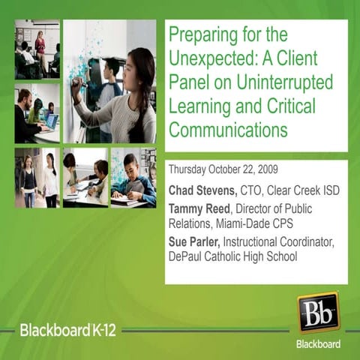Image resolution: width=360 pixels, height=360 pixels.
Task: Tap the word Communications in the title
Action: (228, 130)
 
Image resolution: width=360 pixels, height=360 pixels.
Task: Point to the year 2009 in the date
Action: (265, 169)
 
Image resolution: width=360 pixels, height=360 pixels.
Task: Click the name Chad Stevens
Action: (199, 190)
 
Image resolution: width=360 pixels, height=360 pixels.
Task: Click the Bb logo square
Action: (319, 312)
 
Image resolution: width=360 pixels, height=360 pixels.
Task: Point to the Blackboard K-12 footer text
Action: (67, 330)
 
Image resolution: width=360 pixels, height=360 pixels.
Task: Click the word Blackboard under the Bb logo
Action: (319, 344)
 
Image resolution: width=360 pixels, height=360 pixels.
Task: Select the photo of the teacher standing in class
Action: (37, 49)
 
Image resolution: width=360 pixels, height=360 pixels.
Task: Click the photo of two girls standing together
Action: (37, 177)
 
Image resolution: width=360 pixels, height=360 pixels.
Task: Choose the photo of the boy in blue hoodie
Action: (133, 177)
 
